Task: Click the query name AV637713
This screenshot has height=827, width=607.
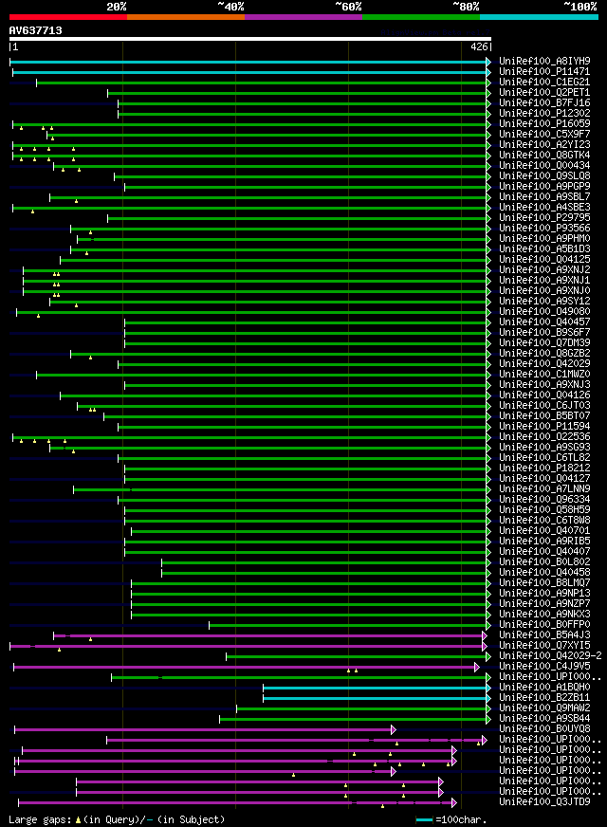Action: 36,30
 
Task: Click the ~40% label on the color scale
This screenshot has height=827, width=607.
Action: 230,6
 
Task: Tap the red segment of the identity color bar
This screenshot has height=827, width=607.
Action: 67,16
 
